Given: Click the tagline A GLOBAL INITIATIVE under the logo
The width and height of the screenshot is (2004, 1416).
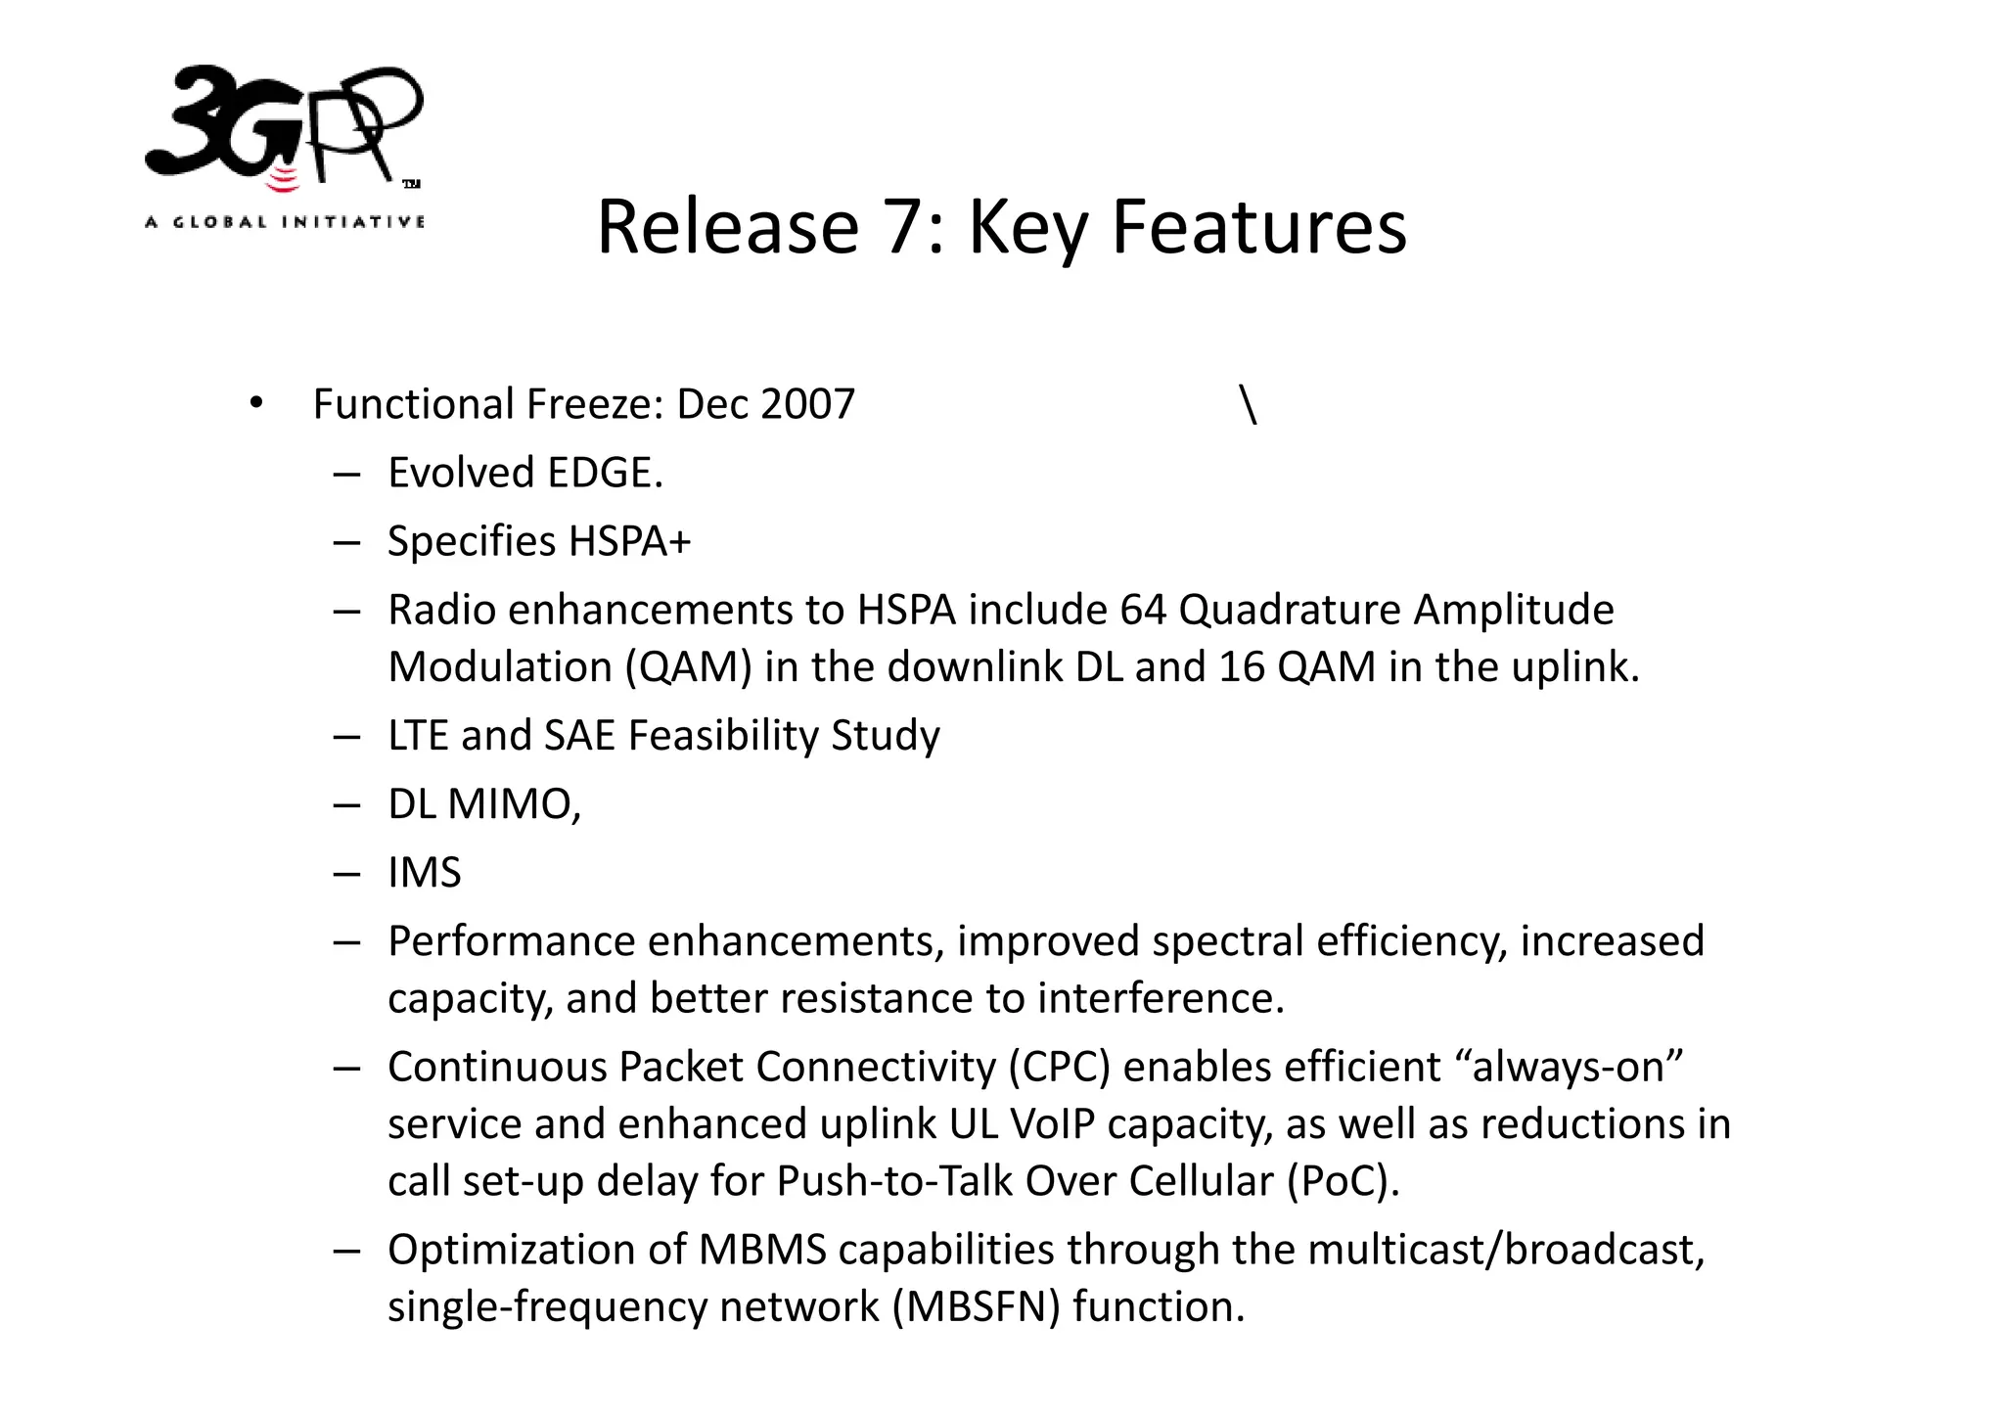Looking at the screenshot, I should point(285,222).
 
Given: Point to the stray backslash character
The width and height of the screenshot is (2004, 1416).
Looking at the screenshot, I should point(1248,404).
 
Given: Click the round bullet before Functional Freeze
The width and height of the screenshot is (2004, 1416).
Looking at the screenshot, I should point(256,403).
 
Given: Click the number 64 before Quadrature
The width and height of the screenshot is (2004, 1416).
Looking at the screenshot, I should point(1143,610).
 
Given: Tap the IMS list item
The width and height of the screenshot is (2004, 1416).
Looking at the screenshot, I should point(424,873).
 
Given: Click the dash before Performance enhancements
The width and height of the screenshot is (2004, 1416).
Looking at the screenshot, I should point(346,941).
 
